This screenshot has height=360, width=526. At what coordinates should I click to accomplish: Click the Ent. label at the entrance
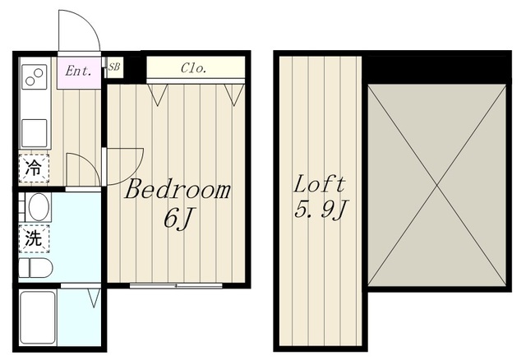pos(78,72)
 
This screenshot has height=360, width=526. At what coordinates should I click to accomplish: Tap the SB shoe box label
pos(114,67)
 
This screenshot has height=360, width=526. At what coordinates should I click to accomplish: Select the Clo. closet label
pos(193,68)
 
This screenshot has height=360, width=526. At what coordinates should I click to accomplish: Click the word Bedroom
pos(178,190)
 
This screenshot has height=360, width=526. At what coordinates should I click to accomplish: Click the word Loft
pos(320,184)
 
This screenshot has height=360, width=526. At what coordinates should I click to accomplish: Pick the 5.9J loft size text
pos(321,210)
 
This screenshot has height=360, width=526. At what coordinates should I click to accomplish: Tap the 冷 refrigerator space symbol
pos(34,168)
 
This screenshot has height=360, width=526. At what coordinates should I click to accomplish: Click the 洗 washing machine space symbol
pos(34,238)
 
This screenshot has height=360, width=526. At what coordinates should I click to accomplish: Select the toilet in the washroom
pos(35,268)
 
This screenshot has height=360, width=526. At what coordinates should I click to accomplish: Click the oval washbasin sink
pos(39,206)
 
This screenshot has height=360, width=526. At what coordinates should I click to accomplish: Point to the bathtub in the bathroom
pos(37,317)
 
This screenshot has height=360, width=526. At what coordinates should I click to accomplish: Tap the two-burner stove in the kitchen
pos(35,76)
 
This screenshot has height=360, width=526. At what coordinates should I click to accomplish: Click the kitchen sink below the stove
pos(35,133)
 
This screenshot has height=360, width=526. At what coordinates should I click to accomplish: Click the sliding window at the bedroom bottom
pos(176,286)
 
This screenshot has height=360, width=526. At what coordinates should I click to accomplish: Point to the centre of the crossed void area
pos(436,185)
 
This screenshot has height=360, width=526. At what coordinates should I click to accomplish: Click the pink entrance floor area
pos(79,73)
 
